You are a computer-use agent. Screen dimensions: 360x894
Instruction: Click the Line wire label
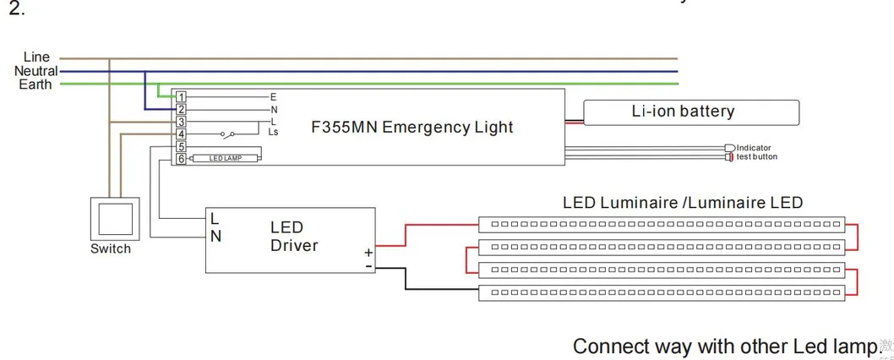pos(36,57)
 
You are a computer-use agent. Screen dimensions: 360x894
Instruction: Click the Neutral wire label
pos(35,71)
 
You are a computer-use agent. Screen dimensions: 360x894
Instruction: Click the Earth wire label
pos(35,85)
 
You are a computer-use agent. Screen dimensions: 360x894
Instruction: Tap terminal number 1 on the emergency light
pos(181,97)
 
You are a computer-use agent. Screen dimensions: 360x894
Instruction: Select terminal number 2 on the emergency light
pos(181,109)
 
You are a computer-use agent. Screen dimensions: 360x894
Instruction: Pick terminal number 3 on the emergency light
pos(181,122)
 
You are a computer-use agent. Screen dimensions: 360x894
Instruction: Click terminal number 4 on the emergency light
pos(181,134)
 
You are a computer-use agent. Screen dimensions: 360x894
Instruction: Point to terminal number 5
pos(181,146)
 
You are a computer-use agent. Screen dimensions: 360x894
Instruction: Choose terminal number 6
pos(181,158)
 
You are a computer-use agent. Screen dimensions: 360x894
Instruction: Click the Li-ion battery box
pos(691,112)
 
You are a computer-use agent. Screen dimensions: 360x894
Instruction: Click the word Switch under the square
pos(111,248)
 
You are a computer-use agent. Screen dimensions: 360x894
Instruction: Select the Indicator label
pos(753,148)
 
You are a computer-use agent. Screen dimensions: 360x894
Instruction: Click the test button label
pos(756,156)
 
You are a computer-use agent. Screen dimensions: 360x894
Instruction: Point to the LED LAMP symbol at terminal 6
pos(226,158)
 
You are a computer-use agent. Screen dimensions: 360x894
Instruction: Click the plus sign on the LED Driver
pos(368,252)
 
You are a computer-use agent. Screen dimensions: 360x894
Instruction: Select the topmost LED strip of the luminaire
pos(662,225)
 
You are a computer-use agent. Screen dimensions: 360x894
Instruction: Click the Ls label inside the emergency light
pos(273,132)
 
